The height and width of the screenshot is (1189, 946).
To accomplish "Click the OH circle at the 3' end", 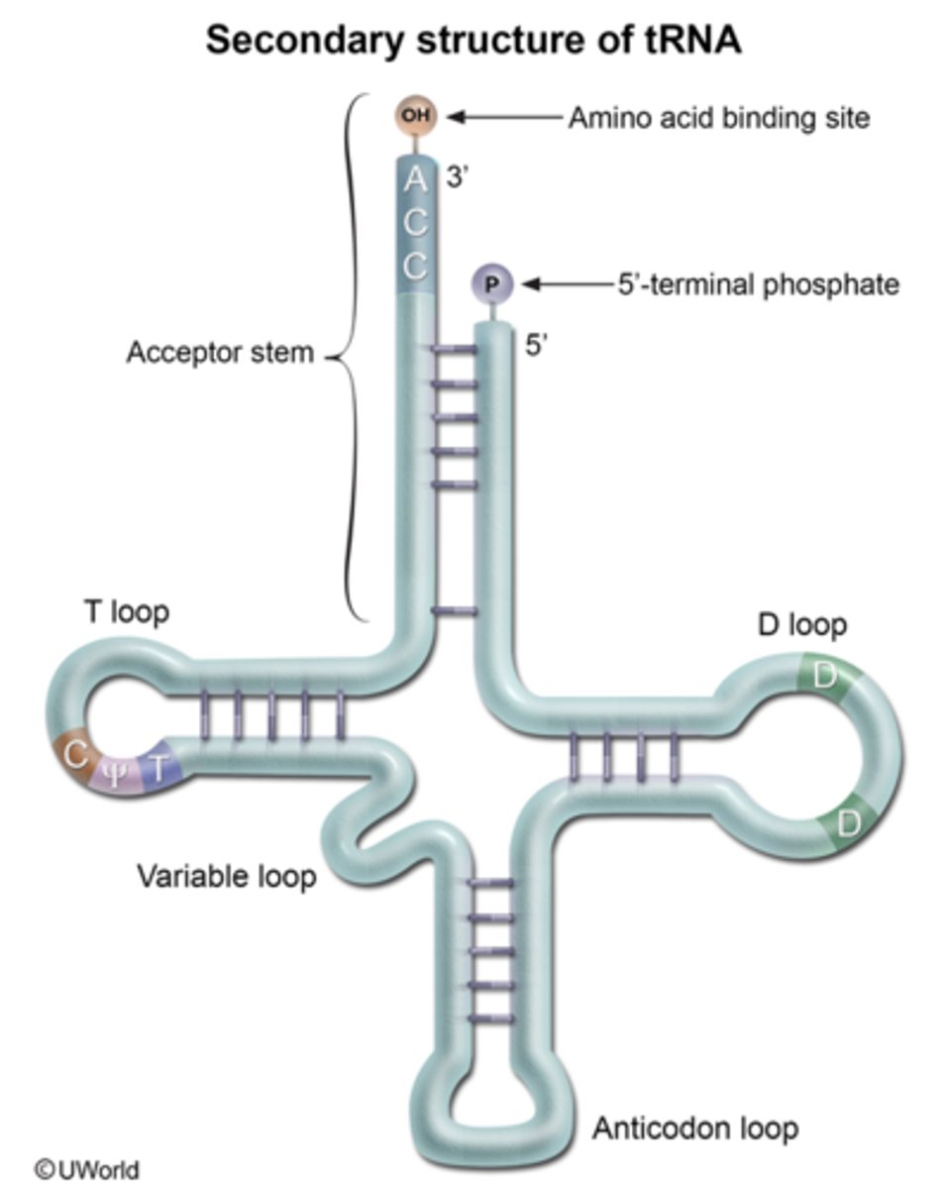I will point(416,116).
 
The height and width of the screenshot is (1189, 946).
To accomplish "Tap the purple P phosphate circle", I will point(492,284).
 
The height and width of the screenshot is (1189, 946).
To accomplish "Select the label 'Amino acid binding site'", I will point(718,118).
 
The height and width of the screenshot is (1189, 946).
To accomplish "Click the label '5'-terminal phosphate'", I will point(758,284).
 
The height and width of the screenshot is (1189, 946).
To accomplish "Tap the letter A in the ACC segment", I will point(416,180).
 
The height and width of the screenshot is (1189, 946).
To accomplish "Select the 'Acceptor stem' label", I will point(219,353).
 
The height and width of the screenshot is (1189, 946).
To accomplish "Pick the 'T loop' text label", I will point(125,612).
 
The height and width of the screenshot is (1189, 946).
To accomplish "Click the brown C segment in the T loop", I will point(76,756).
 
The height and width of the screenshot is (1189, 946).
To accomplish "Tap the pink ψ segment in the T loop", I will point(116,771).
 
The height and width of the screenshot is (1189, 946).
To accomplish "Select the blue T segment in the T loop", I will point(157,765).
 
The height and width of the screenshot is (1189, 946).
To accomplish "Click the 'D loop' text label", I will point(800,625).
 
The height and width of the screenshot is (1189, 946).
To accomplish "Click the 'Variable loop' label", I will point(226,876).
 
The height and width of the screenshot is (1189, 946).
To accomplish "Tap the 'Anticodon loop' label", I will point(694,1128).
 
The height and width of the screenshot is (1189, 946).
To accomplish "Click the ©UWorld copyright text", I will point(86,1169).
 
